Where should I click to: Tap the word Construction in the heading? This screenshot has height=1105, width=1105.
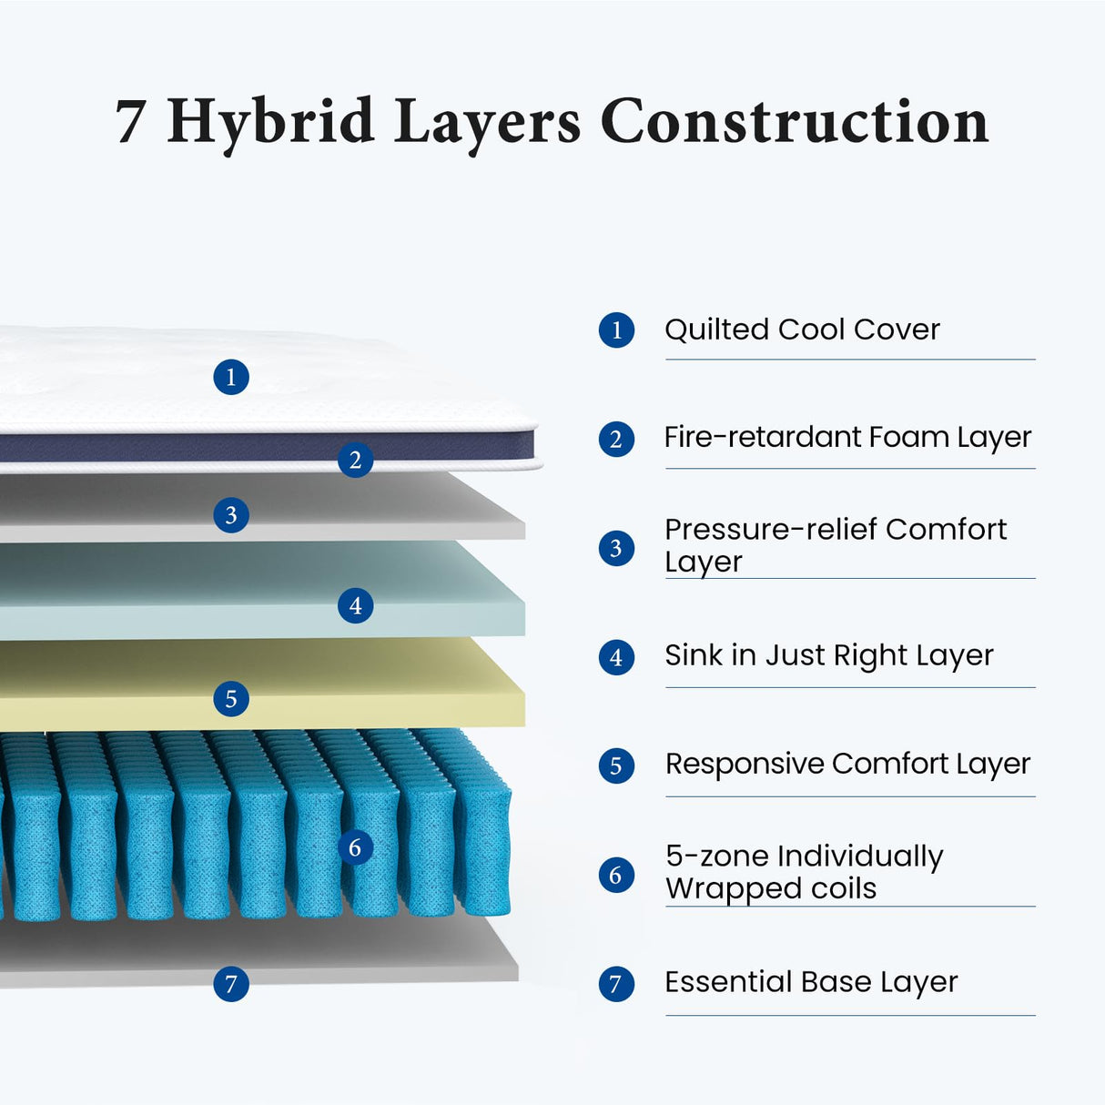pyautogui.click(x=794, y=122)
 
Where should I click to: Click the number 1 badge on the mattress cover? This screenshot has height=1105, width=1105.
pyautogui.click(x=231, y=377)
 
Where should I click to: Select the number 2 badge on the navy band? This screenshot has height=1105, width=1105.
pyautogui.click(x=355, y=460)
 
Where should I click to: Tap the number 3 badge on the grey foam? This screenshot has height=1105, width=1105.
pyautogui.click(x=231, y=515)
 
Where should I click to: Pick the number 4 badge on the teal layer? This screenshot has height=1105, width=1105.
pyautogui.click(x=355, y=605)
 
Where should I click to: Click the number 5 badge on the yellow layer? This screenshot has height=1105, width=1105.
pyautogui.click(x=231, y=699)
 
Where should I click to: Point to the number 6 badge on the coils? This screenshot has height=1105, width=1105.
pyautogui.click(x=355, y=847)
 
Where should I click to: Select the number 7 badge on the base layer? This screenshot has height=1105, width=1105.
pyautogui.click(x=231, y=984)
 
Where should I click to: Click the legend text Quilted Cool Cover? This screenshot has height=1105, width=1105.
pyautogui.click(x=801, y=329)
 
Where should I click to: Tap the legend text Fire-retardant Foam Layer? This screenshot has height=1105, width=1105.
pyautogui.click(x=847, y=438)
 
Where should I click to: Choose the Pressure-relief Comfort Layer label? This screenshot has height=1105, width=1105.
pyautogui.click(x=835, y=545)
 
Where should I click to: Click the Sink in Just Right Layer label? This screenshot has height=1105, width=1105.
pyautogui.click(x=828, y=655)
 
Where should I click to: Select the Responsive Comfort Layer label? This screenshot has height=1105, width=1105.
pyautogui.click(x=847, y=765)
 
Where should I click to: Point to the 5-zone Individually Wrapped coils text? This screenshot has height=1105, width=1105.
pyautogui.click(x=804, y=872)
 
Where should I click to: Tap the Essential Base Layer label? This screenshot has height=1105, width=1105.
pyautogui.click(x=810, y=983)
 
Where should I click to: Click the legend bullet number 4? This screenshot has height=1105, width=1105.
pyautogui.click(x=616, y=657)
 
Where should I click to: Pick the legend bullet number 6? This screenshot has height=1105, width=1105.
pyautogui.click(x=616, y=875)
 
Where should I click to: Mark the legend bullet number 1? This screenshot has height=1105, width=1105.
pyautogui.click(x=616, y=329)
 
